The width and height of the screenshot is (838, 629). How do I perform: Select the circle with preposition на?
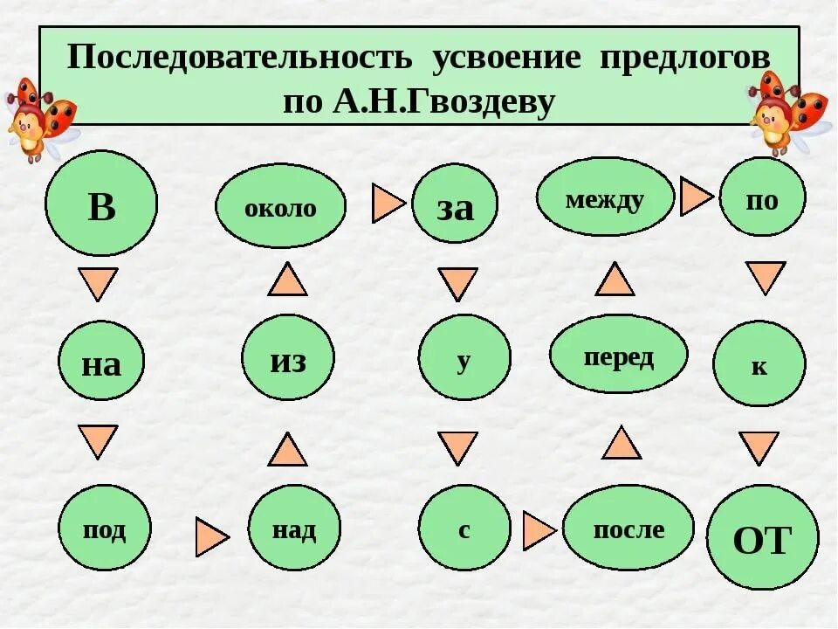101,361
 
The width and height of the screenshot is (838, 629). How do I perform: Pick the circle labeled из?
288,357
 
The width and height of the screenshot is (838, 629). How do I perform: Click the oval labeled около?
280,206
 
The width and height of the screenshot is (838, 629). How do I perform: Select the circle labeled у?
464,357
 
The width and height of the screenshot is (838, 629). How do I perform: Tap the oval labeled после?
628,528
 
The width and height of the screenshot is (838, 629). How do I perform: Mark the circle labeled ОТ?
762,537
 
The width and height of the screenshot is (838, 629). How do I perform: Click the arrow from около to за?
388,204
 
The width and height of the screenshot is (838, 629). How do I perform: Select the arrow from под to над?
211,536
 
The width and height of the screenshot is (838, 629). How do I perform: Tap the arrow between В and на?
98,283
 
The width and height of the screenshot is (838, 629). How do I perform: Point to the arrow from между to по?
695,197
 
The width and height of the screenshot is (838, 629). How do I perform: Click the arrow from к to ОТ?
759,447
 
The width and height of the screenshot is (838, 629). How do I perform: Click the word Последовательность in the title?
239,59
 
